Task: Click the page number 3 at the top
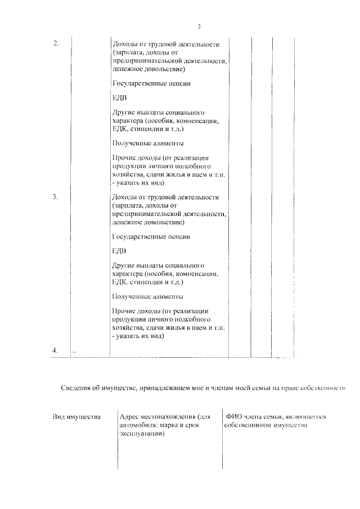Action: (x=199, y=26)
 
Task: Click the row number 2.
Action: (x=56, y=44)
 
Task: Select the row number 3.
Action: (x=56, y=197)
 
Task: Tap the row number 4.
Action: (x=55, y=350)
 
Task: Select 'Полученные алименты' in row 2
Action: (x=148, y=143)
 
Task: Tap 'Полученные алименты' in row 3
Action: (x=148, y=296)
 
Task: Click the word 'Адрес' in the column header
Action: (x=130, y=417)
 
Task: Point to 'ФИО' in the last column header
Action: (x=233, y=417)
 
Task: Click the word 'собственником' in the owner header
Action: (x=246, y=425)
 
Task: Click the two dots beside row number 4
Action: (x=74, y=352)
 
